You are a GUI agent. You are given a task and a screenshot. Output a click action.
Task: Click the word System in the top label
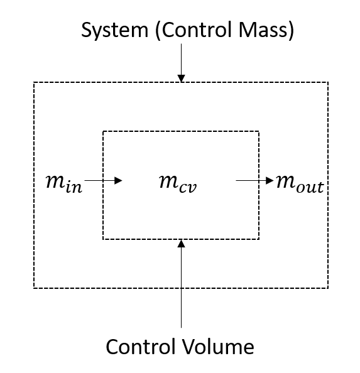point(115,30)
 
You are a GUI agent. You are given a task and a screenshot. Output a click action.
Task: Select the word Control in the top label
point(197,30)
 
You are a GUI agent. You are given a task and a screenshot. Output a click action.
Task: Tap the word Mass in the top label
point(263,30)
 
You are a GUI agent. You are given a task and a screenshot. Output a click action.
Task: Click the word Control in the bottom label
point(141,346)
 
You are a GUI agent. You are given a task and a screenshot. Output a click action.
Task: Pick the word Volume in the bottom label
point(218,346)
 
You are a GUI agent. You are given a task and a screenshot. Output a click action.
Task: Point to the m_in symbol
point(63,183)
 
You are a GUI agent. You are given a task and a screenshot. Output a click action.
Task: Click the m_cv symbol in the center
point(178,183)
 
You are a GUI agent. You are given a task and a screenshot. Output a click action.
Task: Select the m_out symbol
point(300,183)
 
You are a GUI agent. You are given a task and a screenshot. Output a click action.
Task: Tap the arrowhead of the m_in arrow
point(118,181)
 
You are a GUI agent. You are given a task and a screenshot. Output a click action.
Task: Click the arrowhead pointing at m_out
point(270,181)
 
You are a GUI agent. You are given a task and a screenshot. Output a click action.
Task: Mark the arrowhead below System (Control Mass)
point(182,78)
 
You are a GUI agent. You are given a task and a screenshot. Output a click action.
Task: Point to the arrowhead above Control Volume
point(182,244)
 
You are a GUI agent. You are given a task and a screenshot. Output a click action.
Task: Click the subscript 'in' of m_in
point(74,187)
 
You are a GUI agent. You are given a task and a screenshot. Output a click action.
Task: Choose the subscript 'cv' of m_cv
point(188,188)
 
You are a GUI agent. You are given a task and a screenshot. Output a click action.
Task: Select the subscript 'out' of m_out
point(310,187)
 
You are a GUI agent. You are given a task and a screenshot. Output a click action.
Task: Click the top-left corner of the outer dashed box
point(34,82)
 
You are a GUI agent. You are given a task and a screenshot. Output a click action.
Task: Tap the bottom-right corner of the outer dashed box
point(328,288)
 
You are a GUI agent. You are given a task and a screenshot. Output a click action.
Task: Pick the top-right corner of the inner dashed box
point(259,131)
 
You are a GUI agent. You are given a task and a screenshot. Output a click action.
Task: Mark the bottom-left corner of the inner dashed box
point(103,239)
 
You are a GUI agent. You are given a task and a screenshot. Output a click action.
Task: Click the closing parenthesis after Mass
point(292,30)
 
